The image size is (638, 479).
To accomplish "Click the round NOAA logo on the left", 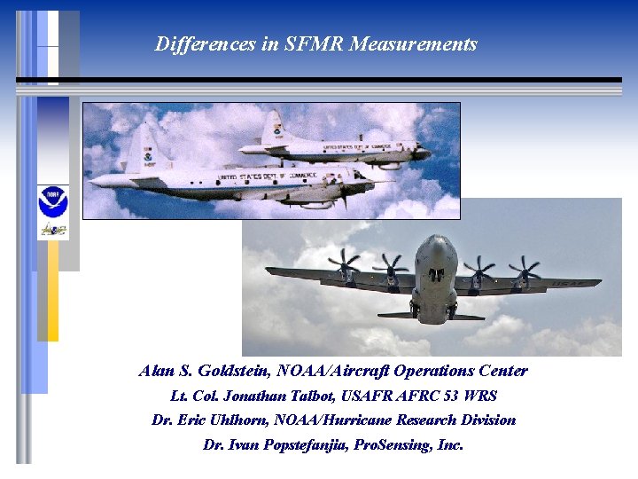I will coord(52,202).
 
